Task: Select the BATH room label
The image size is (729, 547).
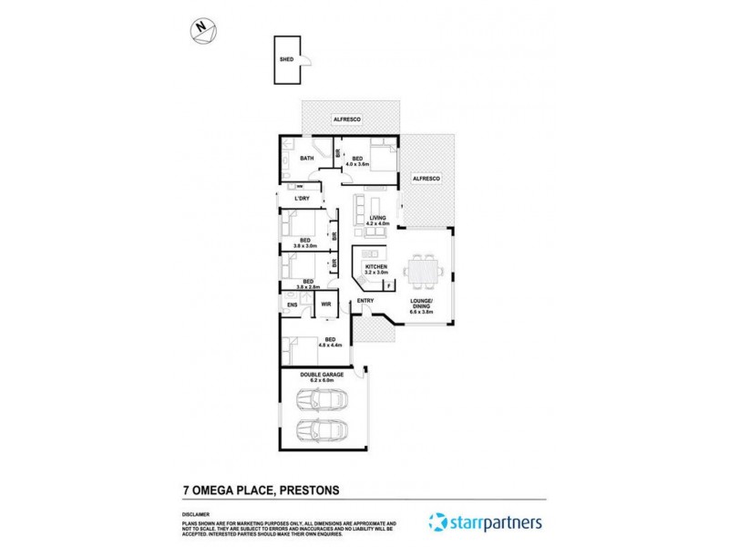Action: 307,158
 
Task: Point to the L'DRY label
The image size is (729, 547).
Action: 302,200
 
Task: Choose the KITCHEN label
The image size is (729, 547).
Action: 376,266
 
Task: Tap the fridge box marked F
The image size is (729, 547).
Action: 389,286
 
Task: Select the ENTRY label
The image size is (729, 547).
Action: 366,301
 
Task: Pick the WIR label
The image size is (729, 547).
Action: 324,304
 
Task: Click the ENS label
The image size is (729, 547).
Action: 293,304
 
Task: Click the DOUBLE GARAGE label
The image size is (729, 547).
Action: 323,376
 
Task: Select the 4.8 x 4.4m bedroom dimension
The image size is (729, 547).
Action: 328,346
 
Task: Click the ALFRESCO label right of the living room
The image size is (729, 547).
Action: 426,180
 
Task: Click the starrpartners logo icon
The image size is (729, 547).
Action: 438,522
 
